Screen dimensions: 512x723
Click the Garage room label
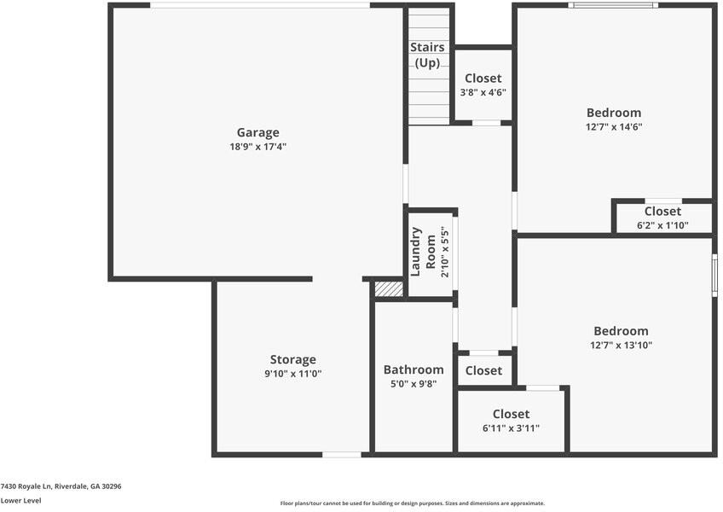point(257,132)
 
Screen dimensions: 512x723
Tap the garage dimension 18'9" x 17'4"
point(257,147)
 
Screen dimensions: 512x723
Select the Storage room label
point(292,359)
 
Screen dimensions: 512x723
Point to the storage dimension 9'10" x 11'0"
point(292,374)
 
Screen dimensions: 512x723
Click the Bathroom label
point(414,369)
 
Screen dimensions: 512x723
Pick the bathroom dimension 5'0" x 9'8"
point(414,384)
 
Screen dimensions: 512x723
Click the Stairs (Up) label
point(427,55)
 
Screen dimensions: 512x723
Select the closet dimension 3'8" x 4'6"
point(483,92)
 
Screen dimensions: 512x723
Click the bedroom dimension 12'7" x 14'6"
point(614,127)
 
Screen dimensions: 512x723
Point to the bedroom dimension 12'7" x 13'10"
point(621,346)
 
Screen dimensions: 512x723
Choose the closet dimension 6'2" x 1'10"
point(662,226)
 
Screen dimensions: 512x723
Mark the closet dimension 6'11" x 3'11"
point(511,428)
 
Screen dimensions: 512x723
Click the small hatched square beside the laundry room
point(389,288)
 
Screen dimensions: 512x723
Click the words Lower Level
point(20,501)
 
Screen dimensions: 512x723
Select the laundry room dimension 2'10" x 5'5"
point(443,253)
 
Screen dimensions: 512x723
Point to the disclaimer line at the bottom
point(412,503)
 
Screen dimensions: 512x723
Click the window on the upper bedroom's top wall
point(613,5)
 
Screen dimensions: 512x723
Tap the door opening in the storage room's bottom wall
point(341,454)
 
